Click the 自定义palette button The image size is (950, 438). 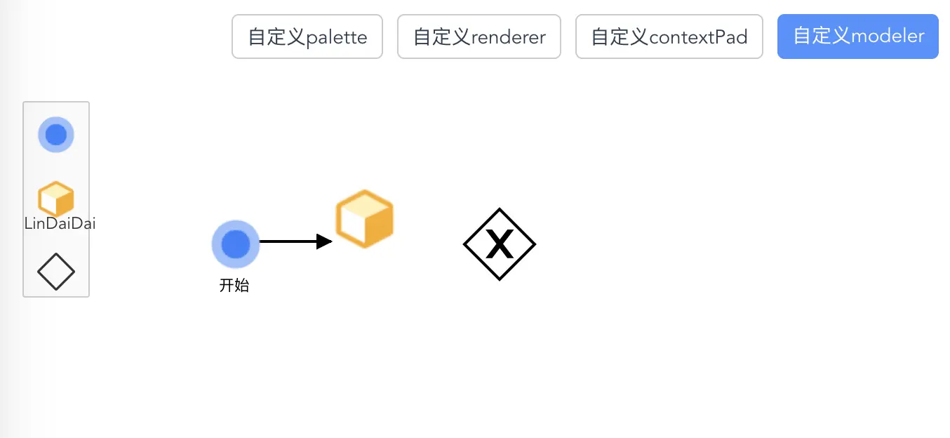307,36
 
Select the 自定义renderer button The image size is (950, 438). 479,36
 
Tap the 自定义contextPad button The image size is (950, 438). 669,36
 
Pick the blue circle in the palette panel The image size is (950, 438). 56,135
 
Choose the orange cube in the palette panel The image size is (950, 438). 56,198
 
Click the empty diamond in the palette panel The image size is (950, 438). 56,272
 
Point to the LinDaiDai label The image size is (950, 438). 60,223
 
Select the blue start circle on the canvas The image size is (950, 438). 235,244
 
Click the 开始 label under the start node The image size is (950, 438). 234,285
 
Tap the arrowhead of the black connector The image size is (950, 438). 324,241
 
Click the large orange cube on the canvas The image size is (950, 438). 365,218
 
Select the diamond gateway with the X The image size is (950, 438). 500,244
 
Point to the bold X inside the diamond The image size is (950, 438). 500,244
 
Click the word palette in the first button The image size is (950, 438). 336,37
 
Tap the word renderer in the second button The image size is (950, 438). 509,37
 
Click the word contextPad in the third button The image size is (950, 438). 698,37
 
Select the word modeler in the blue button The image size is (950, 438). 888,36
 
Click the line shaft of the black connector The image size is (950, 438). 288,241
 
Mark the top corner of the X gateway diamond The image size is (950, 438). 500,208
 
